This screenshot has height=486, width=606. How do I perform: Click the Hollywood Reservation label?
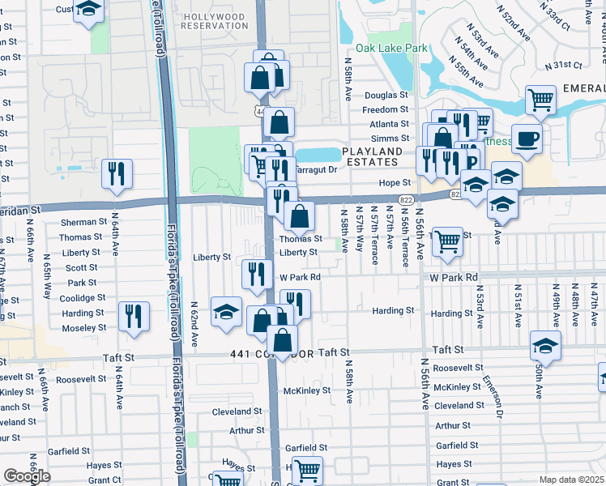coord(215,21)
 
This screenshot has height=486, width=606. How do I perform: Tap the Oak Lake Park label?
coord(397,49)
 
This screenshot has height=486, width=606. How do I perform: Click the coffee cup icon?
coord(527,139)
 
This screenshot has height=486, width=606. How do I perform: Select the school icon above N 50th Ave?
coord(546,345)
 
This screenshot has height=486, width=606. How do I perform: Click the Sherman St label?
coord(83,222)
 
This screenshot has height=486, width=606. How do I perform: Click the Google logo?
coord(27,477)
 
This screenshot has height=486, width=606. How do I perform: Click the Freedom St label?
coord(385,110)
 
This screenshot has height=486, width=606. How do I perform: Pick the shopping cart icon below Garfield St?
coord(307,470)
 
